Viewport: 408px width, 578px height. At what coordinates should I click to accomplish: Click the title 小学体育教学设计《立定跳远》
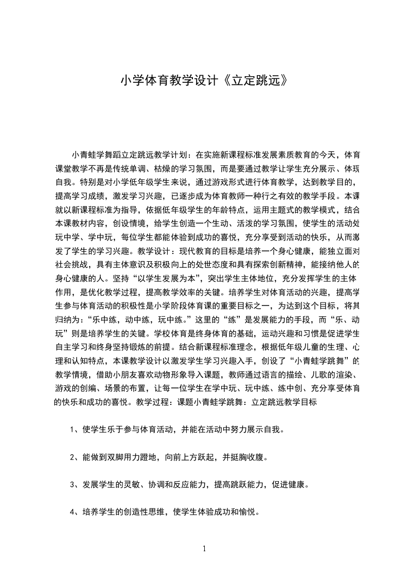(204, 81)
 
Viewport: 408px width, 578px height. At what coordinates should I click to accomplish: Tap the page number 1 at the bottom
(204, 549)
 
